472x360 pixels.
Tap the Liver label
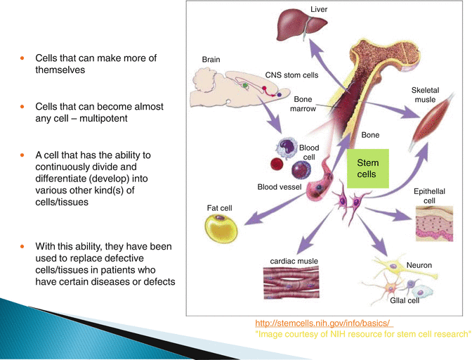319,10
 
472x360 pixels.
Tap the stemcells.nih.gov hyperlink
323,323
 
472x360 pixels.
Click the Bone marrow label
303,105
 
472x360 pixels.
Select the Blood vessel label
279,188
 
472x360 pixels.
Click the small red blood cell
277,164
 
